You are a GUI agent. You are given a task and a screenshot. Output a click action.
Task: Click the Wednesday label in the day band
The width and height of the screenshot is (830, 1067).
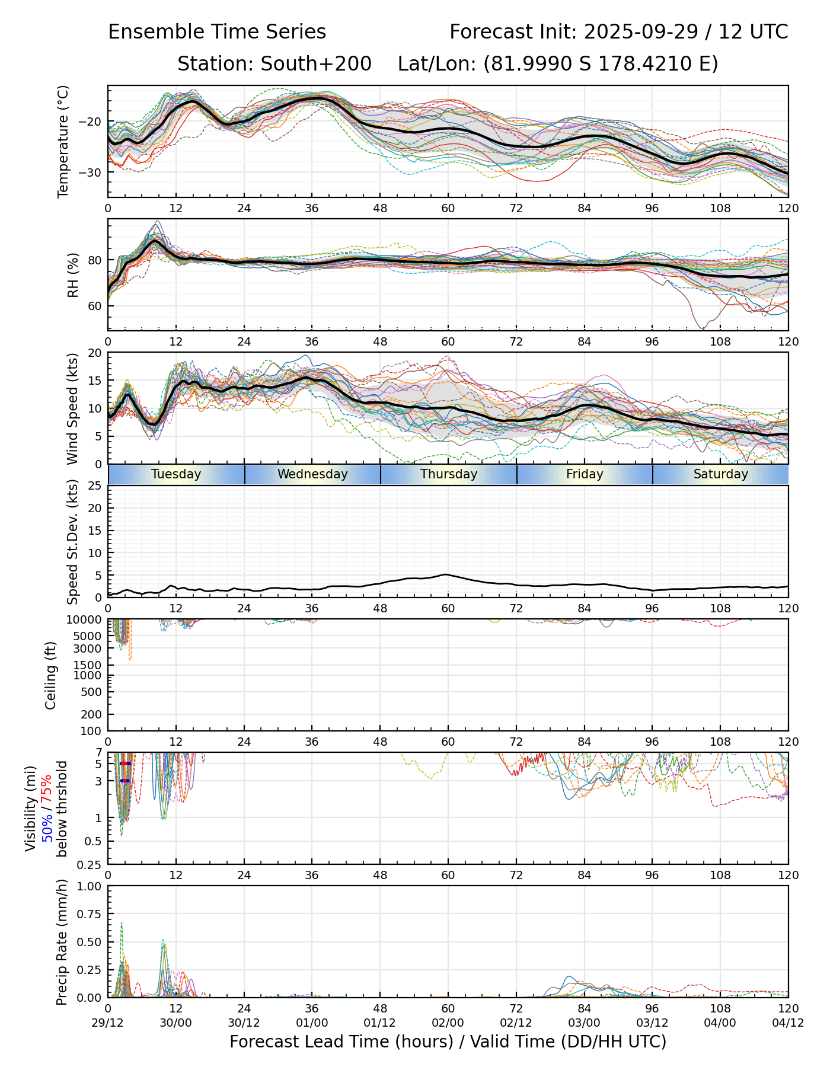[x=312, y=474]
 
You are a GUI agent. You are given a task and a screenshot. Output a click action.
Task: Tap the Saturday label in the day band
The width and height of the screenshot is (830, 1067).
[x=720, y=474]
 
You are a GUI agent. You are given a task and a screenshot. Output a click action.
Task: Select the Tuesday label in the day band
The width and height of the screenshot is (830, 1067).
[x=176, y=474]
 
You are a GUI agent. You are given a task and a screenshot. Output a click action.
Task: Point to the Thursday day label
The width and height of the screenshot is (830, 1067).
[x=449, y=474]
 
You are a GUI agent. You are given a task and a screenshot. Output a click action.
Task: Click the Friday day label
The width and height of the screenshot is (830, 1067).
[x=585, y=474]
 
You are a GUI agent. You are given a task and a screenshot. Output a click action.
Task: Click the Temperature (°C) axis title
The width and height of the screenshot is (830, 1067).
[x=63, y=141]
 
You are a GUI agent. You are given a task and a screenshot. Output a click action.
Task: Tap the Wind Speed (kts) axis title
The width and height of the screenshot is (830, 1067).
[x=72, y=408]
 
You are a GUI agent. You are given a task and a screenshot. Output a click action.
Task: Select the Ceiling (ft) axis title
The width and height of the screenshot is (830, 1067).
[x=51, y=675]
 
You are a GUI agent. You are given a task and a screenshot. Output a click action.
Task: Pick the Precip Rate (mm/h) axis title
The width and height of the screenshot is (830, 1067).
[x=62, y=942]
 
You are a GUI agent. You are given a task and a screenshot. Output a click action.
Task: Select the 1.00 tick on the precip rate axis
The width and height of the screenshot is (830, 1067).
[x=89, y=886]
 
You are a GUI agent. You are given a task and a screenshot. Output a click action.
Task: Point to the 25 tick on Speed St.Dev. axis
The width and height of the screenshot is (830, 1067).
[x=95, y=486]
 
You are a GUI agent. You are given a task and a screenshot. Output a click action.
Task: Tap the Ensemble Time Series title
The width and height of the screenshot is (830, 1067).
[x=217, y=32]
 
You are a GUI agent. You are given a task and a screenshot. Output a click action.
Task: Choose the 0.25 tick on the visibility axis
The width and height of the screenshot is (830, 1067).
[x=90, y=864]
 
